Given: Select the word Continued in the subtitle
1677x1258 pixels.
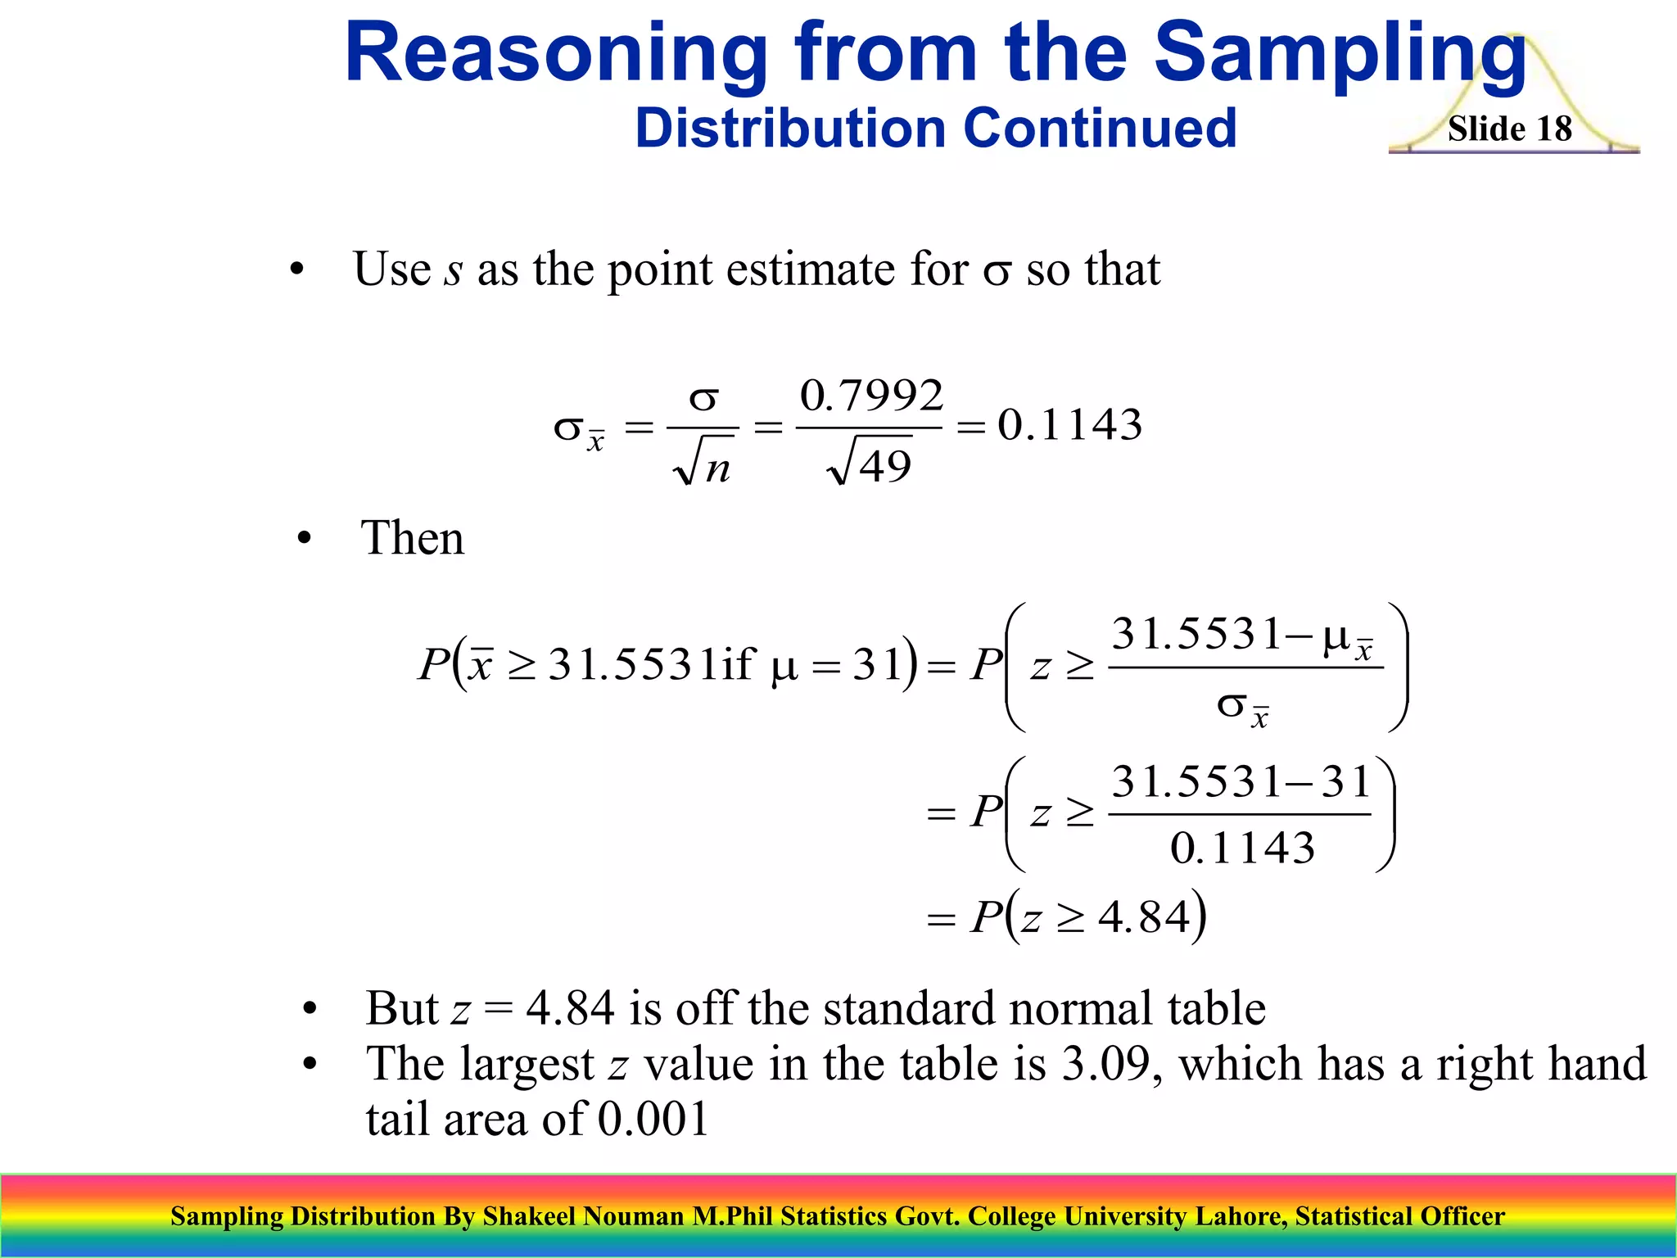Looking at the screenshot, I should (x=1099, y=129).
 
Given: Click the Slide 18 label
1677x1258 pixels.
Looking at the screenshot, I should (x=1509, y=129).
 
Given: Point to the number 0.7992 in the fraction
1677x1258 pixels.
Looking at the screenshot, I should (x=871, y=396).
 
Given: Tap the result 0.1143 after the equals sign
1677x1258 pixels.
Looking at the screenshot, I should (x=1069, y=424).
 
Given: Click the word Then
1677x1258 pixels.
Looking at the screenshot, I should (x=412, y=538).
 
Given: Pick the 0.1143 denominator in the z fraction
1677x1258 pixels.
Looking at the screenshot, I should (x=1241, y=847).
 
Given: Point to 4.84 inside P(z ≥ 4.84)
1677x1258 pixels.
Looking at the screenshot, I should (x=1144, y=916).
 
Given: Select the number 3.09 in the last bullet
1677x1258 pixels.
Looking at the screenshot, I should (x=1105, y=1063).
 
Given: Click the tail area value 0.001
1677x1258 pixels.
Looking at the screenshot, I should (x=653, y=1119).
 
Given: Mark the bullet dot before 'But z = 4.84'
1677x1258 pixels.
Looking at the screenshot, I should (x=309, y=1010).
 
